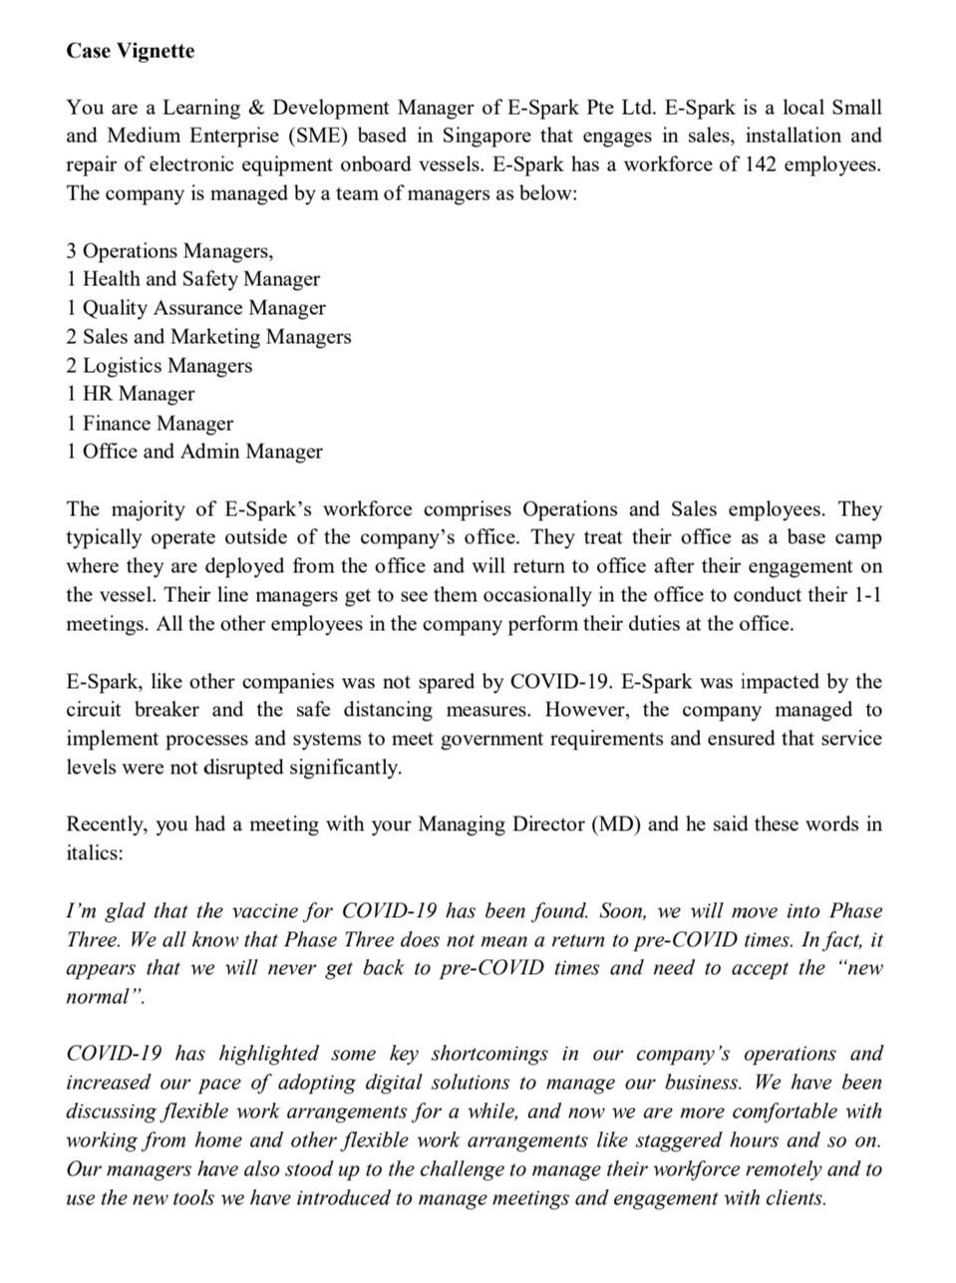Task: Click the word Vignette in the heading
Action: click(156, 50)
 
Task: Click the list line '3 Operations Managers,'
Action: click(169, 250)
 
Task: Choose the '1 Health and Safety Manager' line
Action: click(192, 279)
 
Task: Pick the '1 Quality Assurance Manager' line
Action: click(195, 308)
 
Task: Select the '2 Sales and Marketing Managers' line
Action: click(208, 337)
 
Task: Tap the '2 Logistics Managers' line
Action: click(159, 366)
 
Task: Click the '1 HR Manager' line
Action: click(131, 394)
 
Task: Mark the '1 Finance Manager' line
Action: click(150, 423)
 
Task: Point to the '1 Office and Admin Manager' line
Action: click(194, 452)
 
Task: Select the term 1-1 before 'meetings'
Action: click(869, 595)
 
